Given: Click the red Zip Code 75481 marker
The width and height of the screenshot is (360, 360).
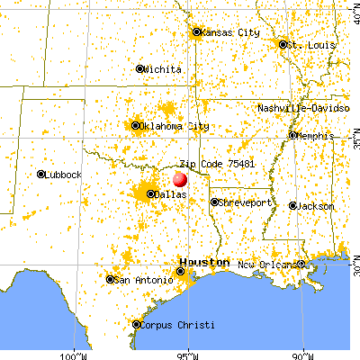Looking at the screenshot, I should click(x=180, y=180).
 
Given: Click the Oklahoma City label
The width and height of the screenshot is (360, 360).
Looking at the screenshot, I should click(x=171, y=126).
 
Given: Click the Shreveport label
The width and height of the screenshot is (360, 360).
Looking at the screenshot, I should click(x=246, y=202).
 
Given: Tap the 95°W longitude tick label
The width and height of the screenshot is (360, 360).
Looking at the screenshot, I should click(x=189, y=354).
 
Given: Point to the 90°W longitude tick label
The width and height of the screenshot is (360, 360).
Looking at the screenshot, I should click(x=304, y=354).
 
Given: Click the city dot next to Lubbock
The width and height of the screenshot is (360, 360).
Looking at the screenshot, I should click(x=41, y=174).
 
